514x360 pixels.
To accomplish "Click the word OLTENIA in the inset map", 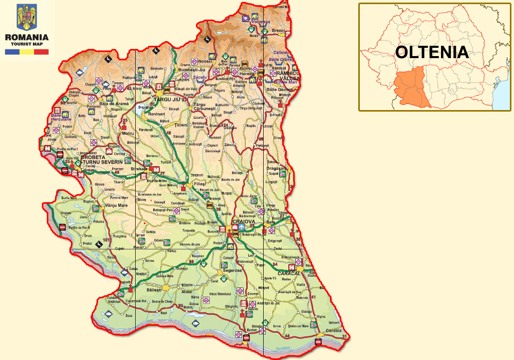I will point(432,52).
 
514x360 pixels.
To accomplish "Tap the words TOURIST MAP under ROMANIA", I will point(26,45).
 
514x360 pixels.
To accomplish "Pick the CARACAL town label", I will point(288,273).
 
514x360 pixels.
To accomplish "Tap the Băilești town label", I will point(154,290).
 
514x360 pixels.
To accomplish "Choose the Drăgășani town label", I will point(276,168).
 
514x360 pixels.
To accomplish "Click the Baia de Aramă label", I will point(114,103).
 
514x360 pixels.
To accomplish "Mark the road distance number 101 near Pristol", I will point(106,240).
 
